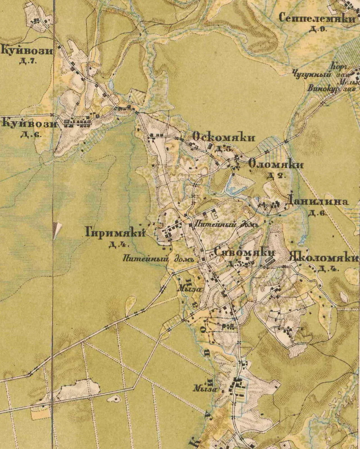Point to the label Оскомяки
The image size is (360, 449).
point(224,138)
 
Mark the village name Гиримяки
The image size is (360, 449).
point(115,233)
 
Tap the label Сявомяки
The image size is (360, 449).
point(244,253)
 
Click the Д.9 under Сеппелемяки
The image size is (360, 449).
point(318,29)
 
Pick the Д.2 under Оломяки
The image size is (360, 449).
point(276,176)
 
